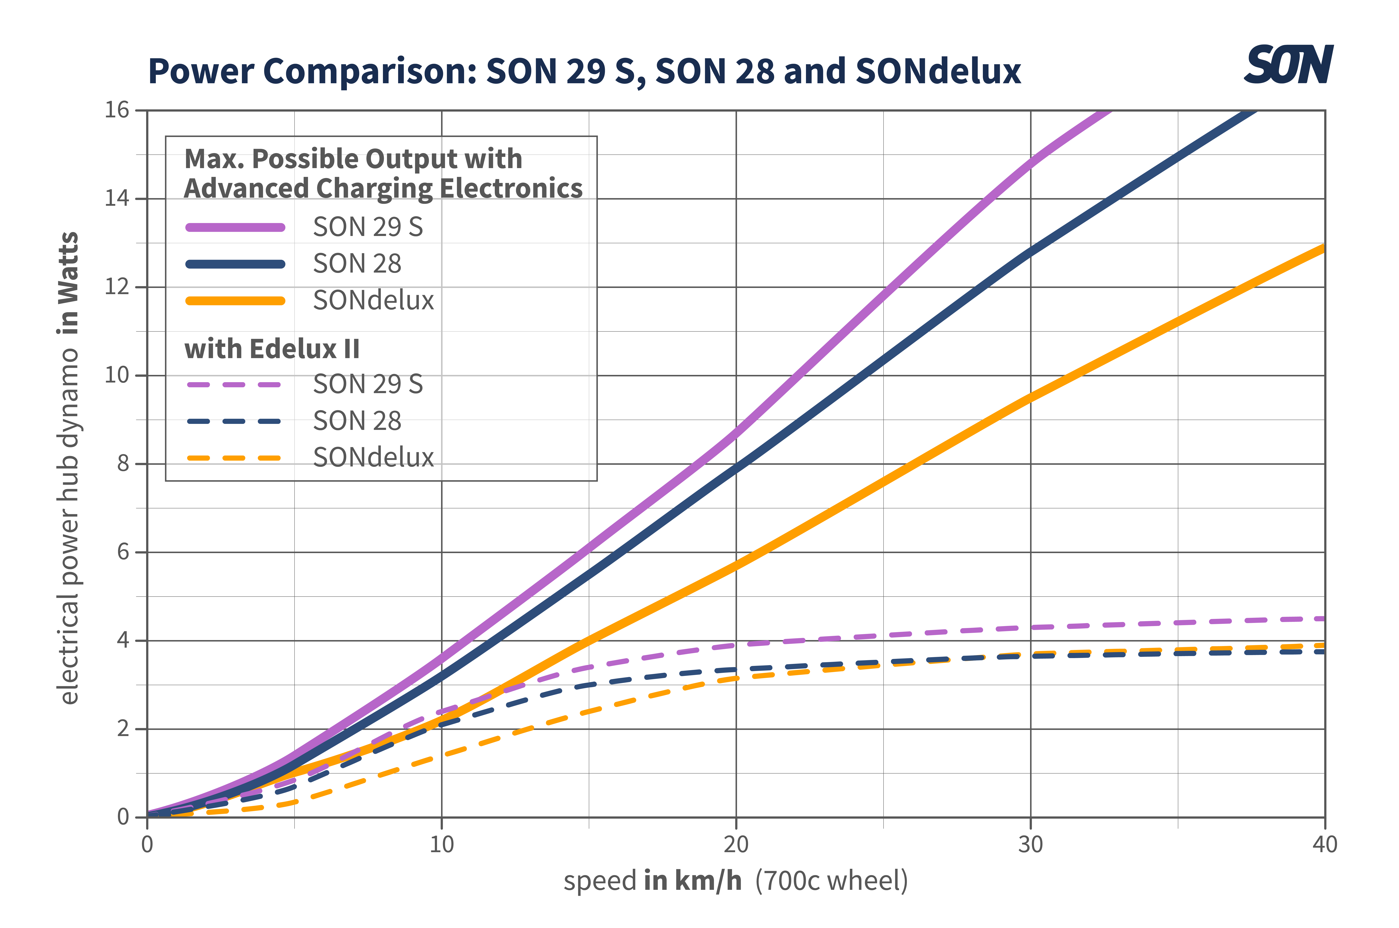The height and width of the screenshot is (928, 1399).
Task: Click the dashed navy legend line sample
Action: tap(234, 421)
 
